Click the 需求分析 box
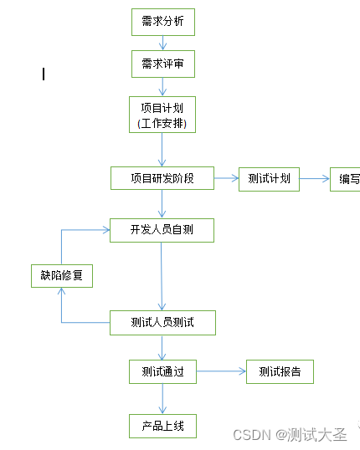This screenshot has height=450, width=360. [x=162, y=22]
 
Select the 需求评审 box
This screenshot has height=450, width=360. [x=162, y=64]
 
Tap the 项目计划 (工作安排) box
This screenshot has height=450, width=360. [x=162, y=115]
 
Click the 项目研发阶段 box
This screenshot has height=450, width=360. [x=162, y=178]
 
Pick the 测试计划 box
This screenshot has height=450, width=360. [x=269, y=179]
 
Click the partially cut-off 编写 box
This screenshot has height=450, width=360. [x=345, y=179]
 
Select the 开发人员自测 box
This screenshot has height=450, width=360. [x=162, y=230]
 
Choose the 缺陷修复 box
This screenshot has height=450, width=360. [x=61, y=275]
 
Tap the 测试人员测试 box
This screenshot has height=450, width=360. [x=162, y=322]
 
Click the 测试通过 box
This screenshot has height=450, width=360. [x=162, y=371]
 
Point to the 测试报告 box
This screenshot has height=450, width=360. [x=280, y=371]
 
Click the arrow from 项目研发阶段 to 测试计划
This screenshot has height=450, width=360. [x=226, y=178]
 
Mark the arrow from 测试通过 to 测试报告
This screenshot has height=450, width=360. [x=221, y=371]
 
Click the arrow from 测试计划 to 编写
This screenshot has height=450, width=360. [x=314, y=178]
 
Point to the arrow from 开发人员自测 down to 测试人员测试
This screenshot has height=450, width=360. [x=162, y=276]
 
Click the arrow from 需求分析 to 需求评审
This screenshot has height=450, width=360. [x=162, y=43]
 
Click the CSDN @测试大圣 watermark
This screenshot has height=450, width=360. [x=290, y=435]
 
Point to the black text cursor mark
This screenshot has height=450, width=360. [x=44, y=74]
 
